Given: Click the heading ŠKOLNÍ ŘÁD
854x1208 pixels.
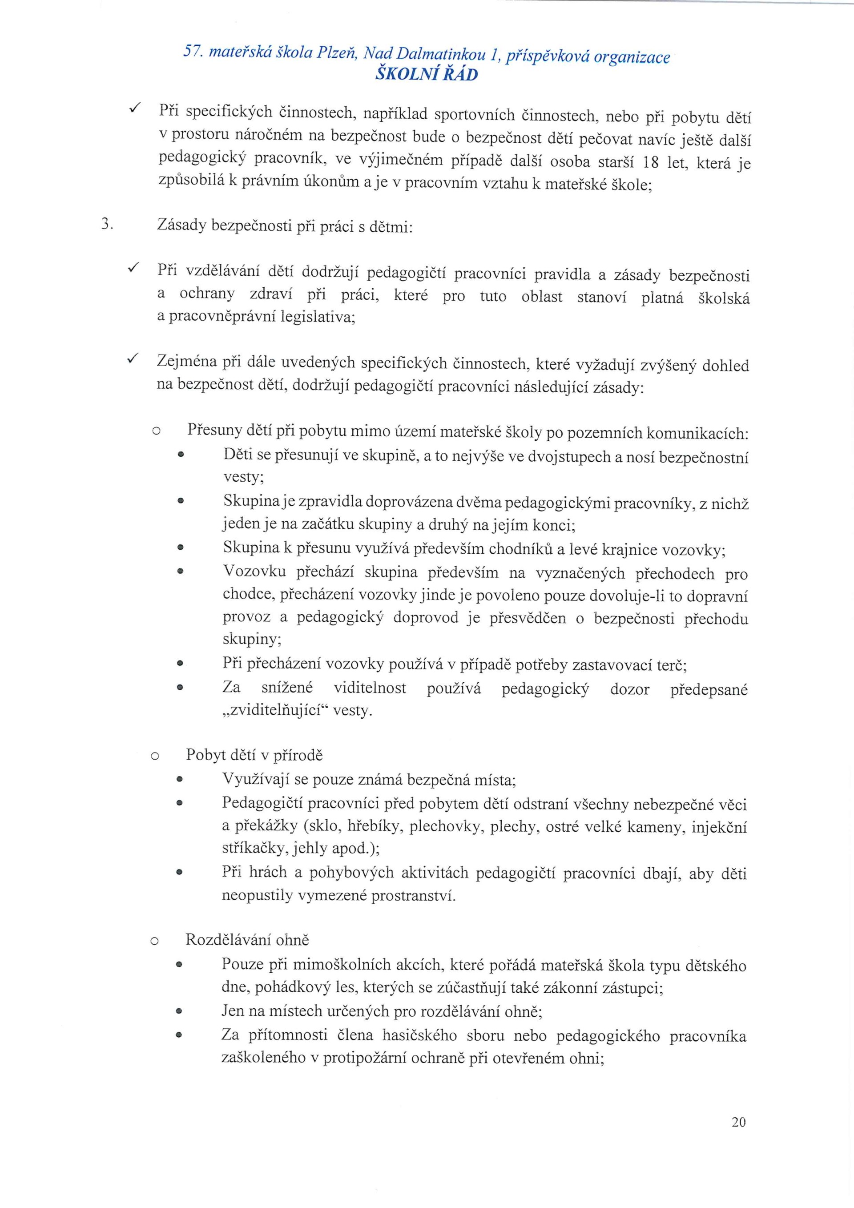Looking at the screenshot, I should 426,75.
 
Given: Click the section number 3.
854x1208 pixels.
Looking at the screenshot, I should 106,225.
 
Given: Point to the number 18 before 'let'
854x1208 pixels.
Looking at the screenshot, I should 651,162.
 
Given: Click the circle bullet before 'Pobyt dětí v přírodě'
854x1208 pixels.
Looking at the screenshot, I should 155,757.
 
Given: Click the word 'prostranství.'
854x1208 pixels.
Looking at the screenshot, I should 414,895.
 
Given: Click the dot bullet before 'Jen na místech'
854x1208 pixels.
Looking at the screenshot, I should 179,1012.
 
